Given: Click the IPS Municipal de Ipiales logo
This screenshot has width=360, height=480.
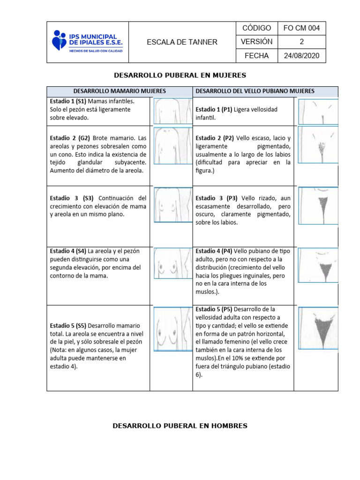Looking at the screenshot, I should point(87,42).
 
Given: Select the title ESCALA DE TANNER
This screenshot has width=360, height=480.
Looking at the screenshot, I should point(182,42).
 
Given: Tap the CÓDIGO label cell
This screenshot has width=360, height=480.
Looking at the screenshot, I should point(256,28).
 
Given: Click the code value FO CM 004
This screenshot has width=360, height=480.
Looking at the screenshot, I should point(301,28).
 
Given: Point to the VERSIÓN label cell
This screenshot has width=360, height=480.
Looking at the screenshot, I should point(256,42).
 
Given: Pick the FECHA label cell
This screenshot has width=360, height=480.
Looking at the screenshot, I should point(256,56).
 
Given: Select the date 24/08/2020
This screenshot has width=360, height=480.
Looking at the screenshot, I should point(301,56).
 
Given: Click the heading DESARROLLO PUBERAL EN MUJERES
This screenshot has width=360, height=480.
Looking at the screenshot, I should point(180,75).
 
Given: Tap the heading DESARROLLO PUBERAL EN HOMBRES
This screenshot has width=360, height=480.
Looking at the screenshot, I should point(180,426).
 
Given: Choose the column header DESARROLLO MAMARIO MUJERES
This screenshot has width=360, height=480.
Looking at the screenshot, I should point(120,91).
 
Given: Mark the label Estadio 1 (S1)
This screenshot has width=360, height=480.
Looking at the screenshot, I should point(67,101).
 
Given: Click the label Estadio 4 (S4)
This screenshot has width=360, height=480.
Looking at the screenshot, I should point(68,251).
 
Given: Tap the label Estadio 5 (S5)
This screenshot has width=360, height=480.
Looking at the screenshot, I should point(68,325).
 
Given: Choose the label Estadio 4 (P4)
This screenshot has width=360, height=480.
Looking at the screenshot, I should point(214,251).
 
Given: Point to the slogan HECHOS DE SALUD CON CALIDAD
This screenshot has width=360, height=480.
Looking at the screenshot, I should point(96,51).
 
